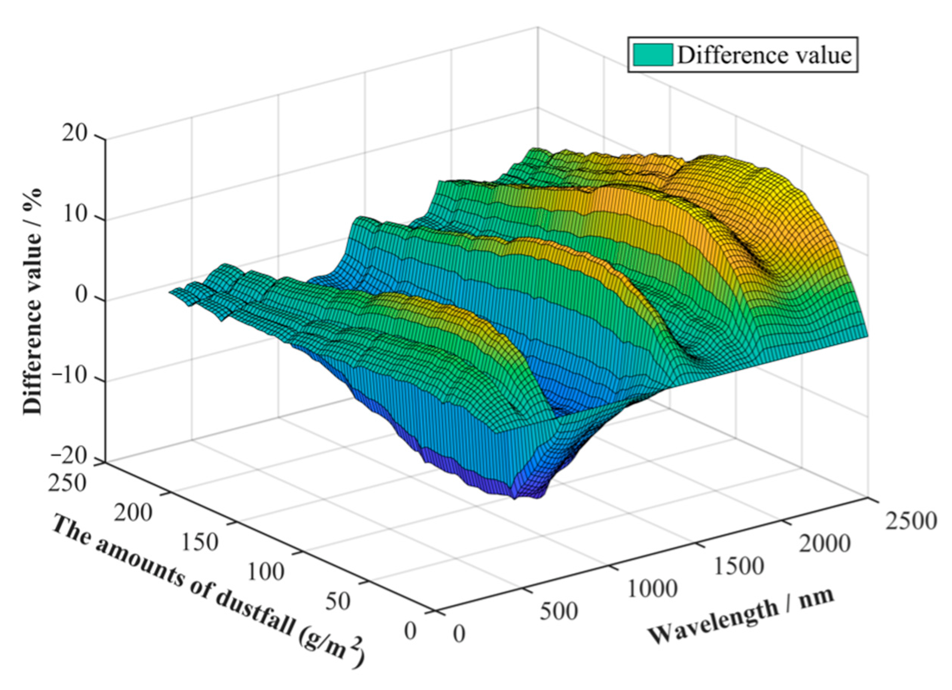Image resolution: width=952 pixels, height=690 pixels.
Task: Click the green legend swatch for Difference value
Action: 652,55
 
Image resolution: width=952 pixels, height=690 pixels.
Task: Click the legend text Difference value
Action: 764,55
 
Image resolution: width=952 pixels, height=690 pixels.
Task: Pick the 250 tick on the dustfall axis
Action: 68,483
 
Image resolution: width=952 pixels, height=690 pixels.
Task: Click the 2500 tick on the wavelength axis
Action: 910,522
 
